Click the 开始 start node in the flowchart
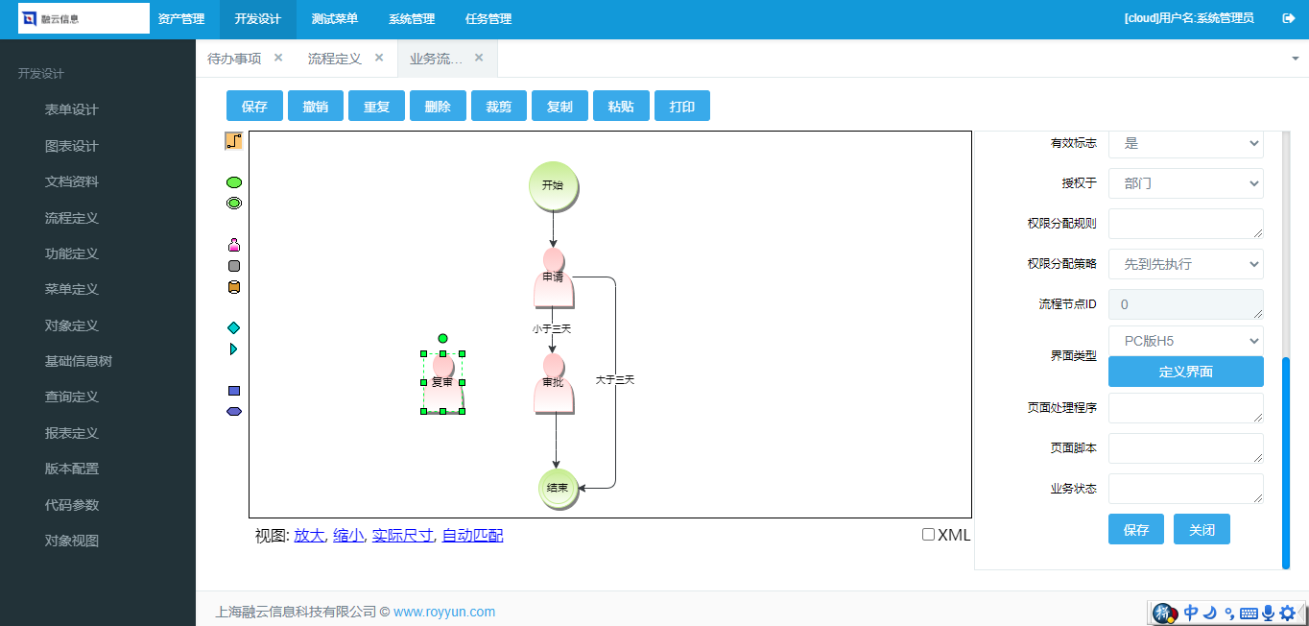coord(553,186)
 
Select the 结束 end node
coord(558,488)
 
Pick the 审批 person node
coord(554,383)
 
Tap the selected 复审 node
coord(443,383)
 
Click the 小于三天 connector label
coord(552,328)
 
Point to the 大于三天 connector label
coord(615,380)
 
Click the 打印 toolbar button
coord(682,106)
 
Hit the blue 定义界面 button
coord(1186,372)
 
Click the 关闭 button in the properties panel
coord(1202,530)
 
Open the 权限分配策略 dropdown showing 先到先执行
coord(1186,264)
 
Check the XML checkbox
coord(928,534)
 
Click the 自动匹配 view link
coord(472,536)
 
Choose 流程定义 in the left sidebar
coord(71,218)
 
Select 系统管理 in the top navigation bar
coord(412,18)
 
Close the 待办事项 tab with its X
coord(278,58)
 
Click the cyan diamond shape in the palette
coord(234,328)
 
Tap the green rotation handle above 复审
coord(443,338)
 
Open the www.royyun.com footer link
coord(444,612)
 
